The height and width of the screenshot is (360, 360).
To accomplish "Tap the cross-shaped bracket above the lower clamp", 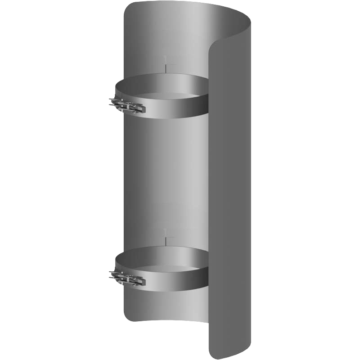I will (166, 236).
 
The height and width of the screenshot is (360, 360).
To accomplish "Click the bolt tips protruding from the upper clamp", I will (112, 103).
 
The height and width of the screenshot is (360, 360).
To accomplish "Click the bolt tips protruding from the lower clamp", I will (112, 274).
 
